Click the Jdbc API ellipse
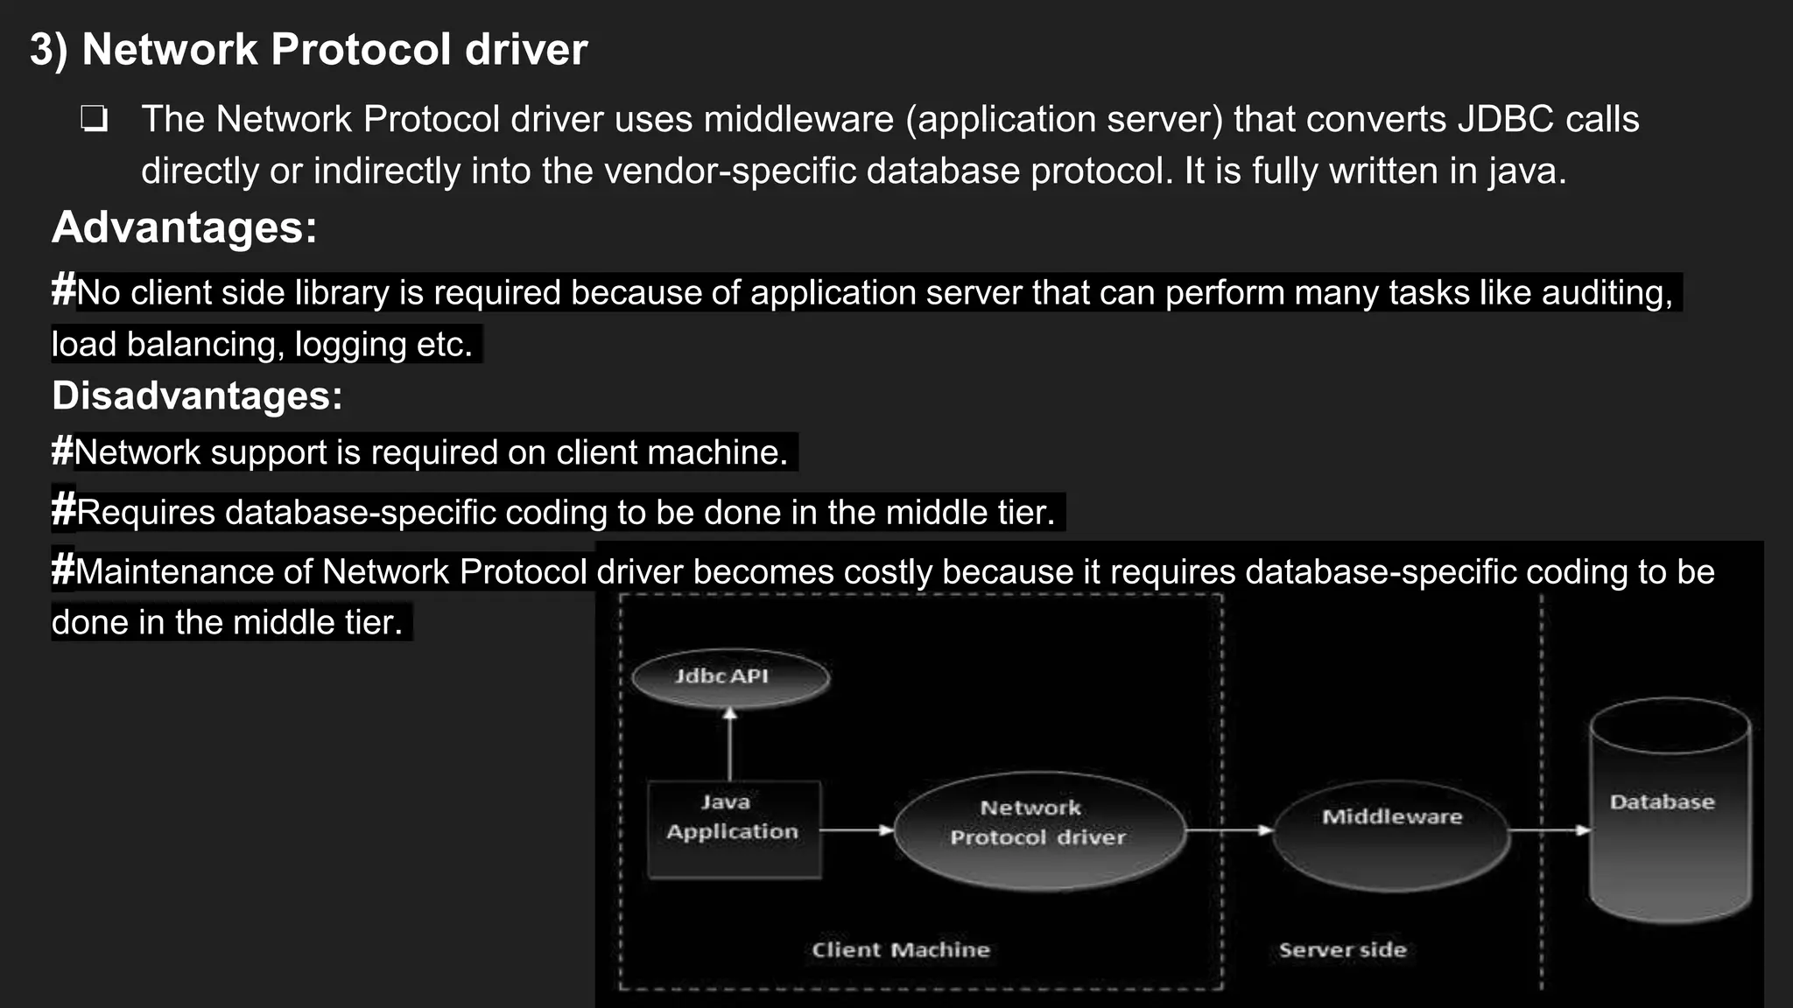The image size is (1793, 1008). point(730,678)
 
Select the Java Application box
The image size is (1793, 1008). point(734,829)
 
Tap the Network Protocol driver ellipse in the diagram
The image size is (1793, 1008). point(1039,830)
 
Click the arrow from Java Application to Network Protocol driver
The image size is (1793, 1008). point(857,829)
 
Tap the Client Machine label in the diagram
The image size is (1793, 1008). point(900,950)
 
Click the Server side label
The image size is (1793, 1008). point(1342,950)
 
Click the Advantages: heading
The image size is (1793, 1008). point(184,227)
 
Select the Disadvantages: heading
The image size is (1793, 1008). point(197,395)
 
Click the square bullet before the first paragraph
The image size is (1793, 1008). point(94,119)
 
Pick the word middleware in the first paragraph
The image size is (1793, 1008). point(798,119)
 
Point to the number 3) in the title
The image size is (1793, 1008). point(49,49)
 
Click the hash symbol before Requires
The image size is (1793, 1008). point(64,510)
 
